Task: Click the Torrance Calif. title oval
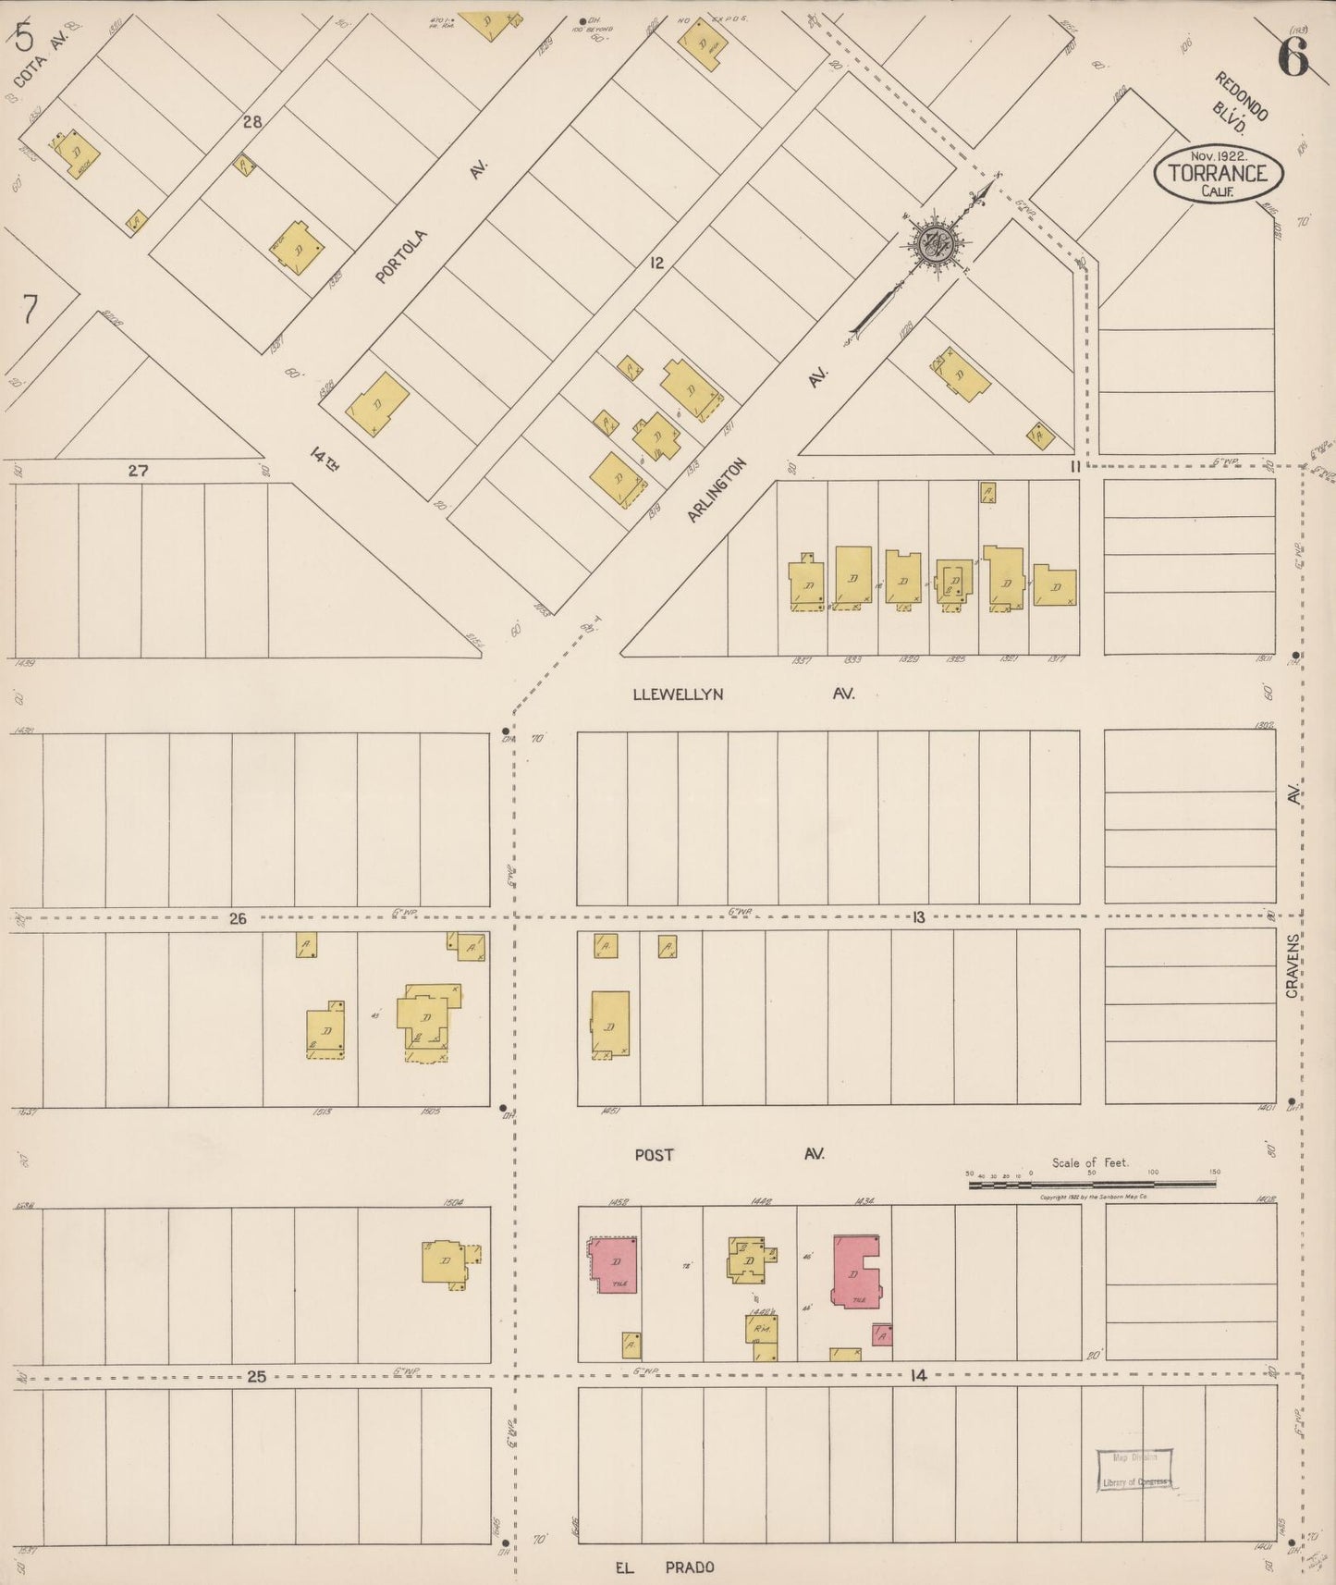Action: [1217, 172]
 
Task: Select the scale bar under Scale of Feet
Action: [1091, 1184]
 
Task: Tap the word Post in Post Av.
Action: [654, 1154]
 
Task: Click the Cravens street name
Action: [1293, 965]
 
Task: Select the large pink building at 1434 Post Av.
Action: [855, 1271]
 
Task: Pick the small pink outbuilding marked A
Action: [882, 1334]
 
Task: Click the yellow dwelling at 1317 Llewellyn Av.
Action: [1055, 585]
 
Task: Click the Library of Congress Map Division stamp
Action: [1134, 1469]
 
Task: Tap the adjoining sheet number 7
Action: [31, 310]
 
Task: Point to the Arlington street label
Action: [716, 491]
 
